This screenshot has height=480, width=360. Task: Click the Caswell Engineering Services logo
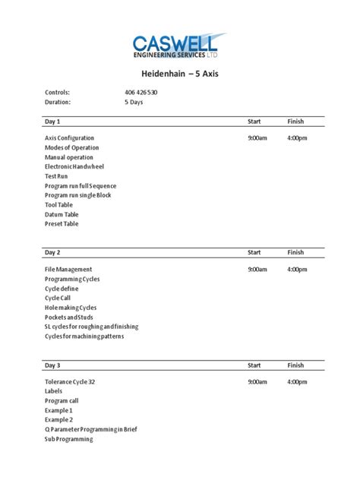[179, 46]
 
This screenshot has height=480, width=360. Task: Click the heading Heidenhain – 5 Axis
[180, 75]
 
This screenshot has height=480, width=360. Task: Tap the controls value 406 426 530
[141, 93]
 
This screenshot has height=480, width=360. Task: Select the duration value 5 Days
[134, 102]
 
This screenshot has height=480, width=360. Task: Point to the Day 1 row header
[52, 122]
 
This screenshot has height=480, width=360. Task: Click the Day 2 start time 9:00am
[257, 270]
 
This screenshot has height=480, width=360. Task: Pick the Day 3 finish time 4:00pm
[297, 382]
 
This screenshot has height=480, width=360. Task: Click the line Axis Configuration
[70, 138]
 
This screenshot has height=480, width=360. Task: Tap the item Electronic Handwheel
[74, 166]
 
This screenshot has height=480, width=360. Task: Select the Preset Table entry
[62, 224]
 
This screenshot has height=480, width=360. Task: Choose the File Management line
[68, 270]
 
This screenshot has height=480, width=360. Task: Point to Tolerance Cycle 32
[70, 382]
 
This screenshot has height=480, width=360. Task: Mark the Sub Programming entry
[68, 439]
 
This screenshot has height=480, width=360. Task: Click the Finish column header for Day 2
[295, 253]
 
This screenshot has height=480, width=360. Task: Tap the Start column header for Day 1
[255, 122]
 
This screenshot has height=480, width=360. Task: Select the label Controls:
[58, 93]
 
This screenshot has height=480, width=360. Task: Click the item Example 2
[58, 420]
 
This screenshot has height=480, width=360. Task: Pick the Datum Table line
[62, 214]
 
